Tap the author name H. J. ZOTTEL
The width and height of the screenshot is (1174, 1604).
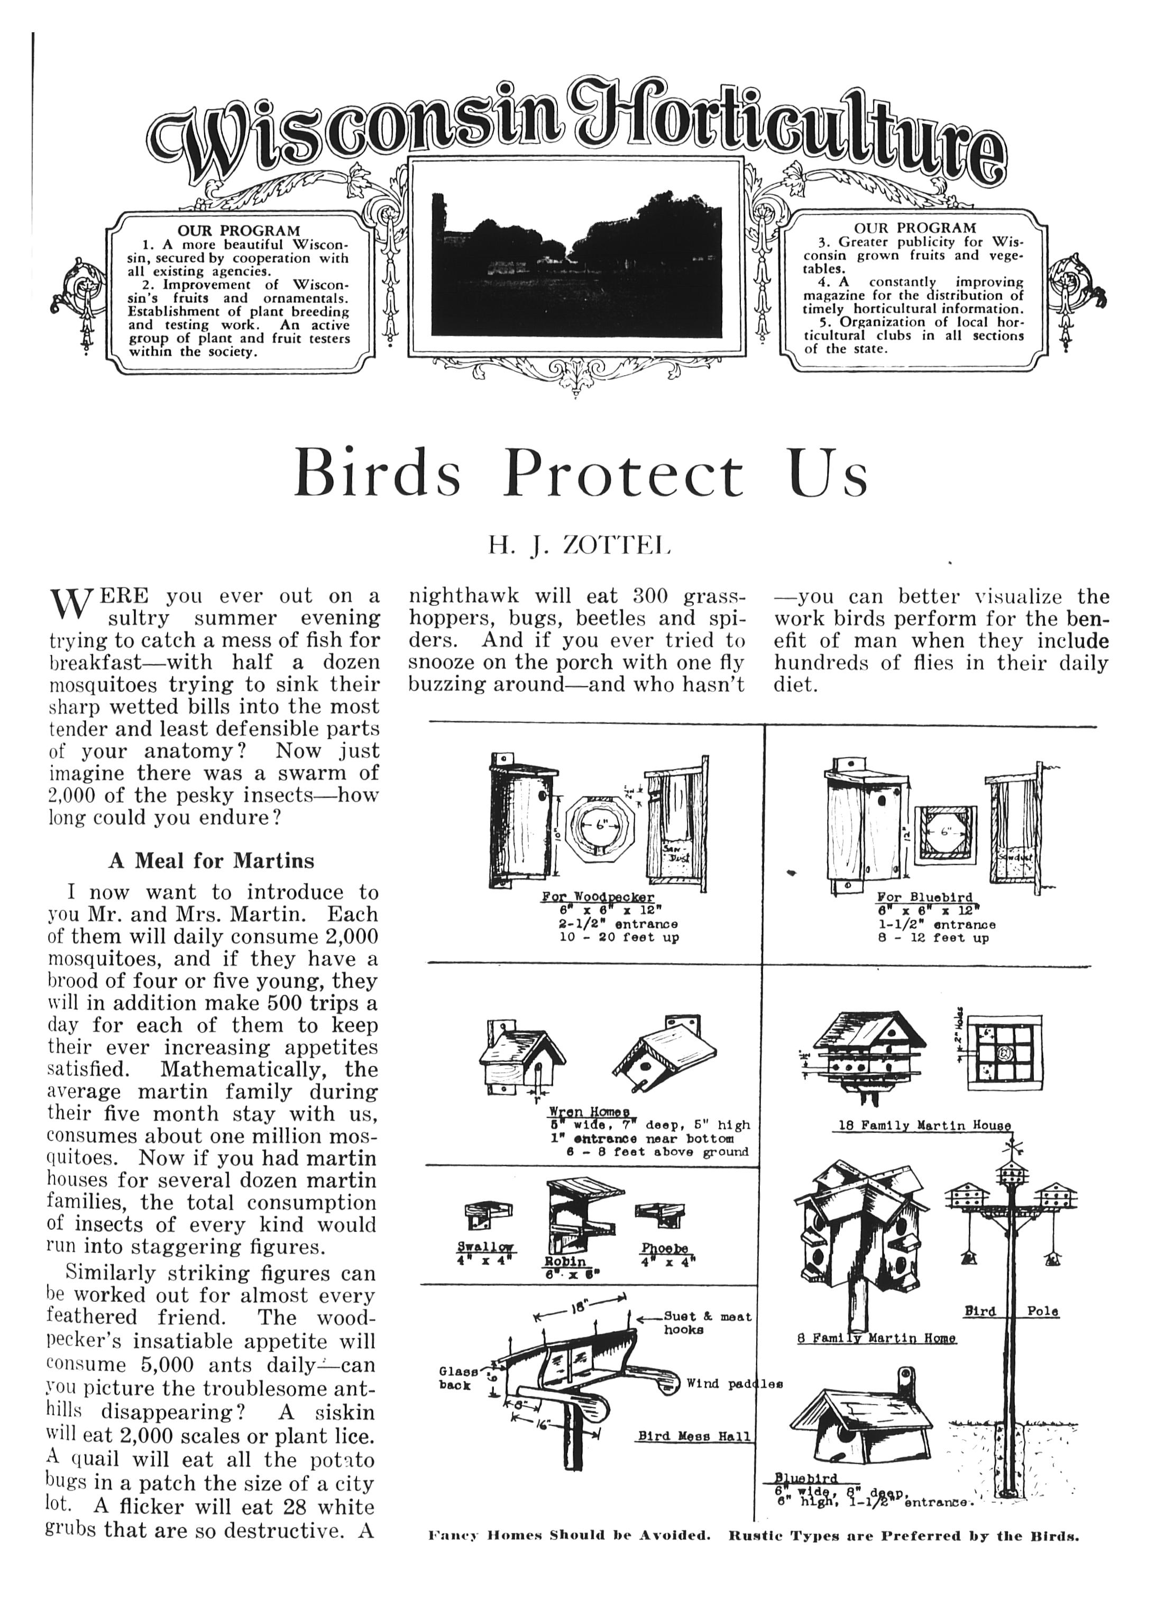[579, 546]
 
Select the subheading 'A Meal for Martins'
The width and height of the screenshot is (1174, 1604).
[211, 861]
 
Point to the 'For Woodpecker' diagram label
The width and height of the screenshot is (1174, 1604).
[597, 898]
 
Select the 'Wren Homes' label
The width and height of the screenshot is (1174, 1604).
[589, 1112]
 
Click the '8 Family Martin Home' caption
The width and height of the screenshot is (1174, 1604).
[876, 1338]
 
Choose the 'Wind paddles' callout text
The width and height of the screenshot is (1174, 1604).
[734, 1384]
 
